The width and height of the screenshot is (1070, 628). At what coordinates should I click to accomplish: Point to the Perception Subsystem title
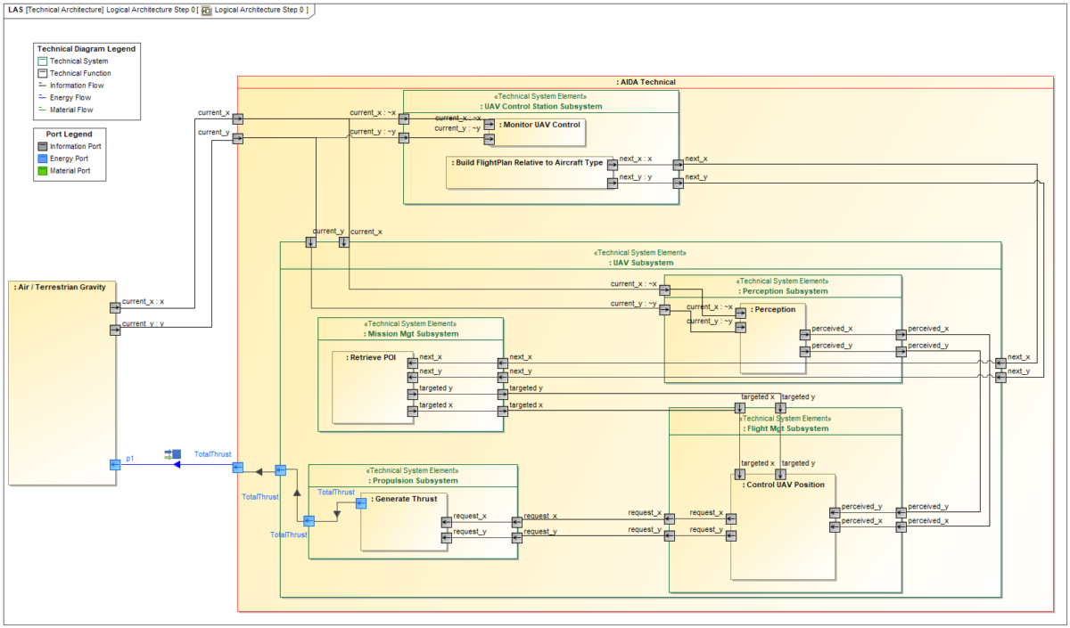click(x=783, y=291)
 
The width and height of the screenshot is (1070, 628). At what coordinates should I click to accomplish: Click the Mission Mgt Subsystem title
click(x=412, y=334)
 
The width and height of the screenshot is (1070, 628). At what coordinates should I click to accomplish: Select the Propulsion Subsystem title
click(x=413, y=481)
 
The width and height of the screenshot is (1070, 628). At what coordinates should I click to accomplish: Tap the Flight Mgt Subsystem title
click(x=785, y=428)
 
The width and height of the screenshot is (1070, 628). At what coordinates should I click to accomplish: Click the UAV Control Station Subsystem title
click(x=541, y=106)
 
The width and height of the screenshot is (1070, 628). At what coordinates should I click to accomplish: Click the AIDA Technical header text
click(x=645, y=82)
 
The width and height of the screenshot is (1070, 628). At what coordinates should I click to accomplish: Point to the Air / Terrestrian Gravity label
click(x=61, y=287)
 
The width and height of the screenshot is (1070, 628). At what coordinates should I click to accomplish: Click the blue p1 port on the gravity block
click(x=114, y=464)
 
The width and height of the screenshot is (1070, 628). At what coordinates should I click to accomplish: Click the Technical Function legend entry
click(x=80, y=73)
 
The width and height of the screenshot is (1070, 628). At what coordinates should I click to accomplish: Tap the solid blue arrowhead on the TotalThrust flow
click(x=177, y=464)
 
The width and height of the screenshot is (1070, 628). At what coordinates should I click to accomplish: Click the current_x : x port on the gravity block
click(x=114, y=308)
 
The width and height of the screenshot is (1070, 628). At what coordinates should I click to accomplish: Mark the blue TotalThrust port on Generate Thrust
click(x=361, y=503)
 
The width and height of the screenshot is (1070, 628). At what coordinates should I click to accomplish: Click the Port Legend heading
click(x=71, y=134)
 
